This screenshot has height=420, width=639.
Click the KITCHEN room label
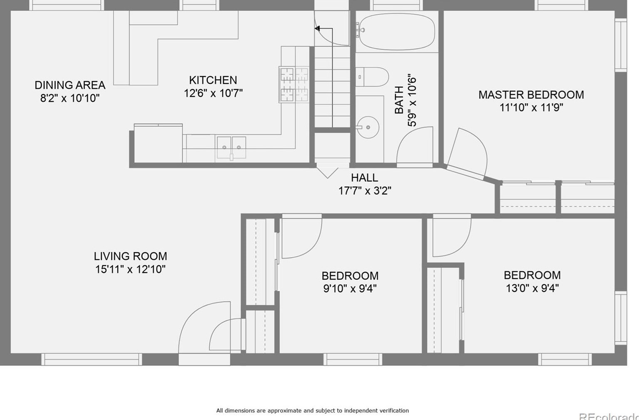[x=213, y=80]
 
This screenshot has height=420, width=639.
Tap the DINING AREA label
[x=70, y=85]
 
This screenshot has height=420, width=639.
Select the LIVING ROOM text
[x=130, y=256]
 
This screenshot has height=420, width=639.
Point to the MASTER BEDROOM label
[x=531, y=95]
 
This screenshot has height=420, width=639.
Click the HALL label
[x=365, y=178]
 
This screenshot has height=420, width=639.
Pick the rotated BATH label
[x=399, y=100]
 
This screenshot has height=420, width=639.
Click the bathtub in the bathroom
[x=397, y=31]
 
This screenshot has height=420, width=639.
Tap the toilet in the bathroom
[x=372, y=77]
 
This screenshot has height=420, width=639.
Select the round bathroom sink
[x=368, y=127]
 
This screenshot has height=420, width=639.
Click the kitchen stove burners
[x=294, y=84]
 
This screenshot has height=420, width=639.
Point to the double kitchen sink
[x=231, y=147]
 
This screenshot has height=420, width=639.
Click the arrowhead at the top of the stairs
[x=317, y=29]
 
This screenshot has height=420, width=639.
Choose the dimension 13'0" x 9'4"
[x=532, y=288]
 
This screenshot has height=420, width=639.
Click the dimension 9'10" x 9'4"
[x=350, y=289]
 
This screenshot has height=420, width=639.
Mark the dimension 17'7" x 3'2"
[x=365, y=191]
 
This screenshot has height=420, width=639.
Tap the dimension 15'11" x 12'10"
[x=130, y=269]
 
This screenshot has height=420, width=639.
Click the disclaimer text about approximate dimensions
[x=312, y=410]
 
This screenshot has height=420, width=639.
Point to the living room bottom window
[x=92, y=359]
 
